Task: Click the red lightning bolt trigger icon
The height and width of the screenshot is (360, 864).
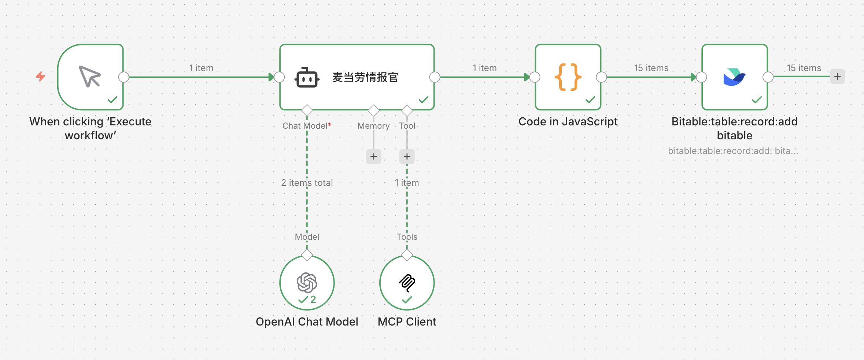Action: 40,76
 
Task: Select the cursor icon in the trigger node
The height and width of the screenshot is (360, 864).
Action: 90,76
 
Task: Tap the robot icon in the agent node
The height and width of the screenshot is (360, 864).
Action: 307,77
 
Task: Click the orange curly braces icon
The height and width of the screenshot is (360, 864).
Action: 568,77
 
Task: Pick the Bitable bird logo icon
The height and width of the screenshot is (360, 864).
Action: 734,77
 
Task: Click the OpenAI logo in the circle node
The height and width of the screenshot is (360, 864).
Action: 307,282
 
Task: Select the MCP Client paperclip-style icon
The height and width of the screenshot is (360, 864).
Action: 407,283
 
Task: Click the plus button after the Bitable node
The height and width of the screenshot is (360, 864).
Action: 837,77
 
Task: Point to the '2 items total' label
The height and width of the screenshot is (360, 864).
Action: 307,183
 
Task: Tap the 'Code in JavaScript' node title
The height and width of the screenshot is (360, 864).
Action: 568,121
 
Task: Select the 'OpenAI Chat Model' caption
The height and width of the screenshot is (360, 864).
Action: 307,322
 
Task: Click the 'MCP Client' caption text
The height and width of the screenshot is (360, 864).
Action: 407,322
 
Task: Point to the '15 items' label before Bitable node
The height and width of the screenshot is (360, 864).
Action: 651,68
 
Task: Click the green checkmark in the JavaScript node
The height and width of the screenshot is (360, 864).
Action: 590,100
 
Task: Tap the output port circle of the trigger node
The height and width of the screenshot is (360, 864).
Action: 124,77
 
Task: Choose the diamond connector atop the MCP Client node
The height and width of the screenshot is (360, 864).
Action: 407,255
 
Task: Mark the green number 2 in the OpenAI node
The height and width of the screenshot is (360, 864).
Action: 313,300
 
